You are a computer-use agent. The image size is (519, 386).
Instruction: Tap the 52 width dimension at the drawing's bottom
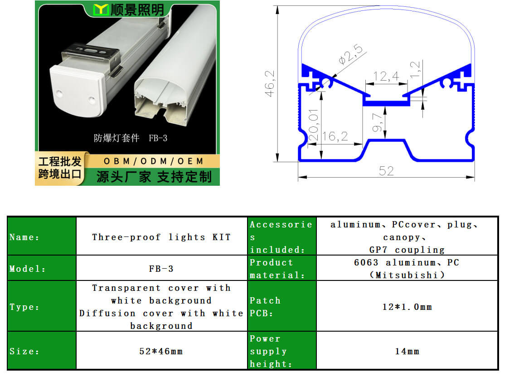point(386,171)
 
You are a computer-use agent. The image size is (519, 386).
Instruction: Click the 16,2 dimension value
point(335,136)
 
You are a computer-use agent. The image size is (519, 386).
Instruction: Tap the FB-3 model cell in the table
point(161,269)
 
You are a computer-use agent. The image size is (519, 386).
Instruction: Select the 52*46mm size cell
point(161,351)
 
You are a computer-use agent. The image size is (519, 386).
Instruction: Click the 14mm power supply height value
point(407,351)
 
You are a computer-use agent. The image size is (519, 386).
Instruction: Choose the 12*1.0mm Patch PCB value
point(407,307)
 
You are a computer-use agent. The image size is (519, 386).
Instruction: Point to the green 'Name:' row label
point(24,237)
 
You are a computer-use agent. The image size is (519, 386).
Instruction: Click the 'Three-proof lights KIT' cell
point(161,237)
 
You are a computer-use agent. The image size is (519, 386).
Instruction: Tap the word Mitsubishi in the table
point(407,275)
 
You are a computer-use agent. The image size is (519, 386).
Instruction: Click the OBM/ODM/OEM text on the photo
point(154,161)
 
